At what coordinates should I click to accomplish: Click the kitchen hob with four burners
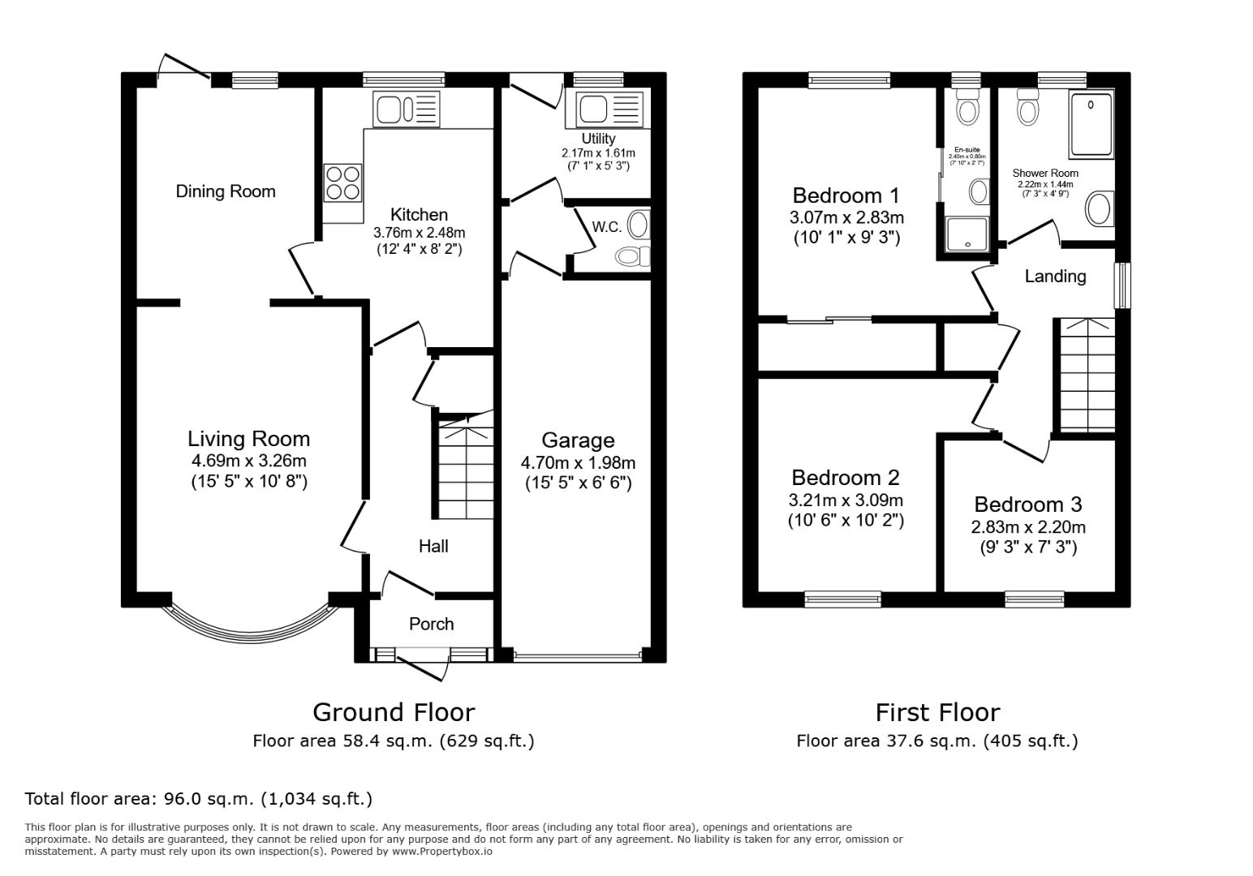[x=342, y=182]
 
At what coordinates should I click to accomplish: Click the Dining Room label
[x=226, y=191]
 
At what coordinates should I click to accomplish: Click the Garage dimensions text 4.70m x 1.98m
[x=578, y=463]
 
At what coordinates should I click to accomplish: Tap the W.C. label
[x=606, y=227]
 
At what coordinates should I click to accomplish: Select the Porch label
[x=431, y=624]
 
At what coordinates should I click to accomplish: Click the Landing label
[x=1055, y=277]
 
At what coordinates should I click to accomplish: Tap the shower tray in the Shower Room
[x=1092, y=123]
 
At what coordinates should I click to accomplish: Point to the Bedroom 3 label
[x=1027, y=505]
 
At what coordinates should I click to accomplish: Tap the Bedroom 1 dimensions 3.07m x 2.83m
[x=846, y=217]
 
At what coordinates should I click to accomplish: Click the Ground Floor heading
[x=394, y=712]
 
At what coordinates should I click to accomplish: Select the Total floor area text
[x=199, y=798]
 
